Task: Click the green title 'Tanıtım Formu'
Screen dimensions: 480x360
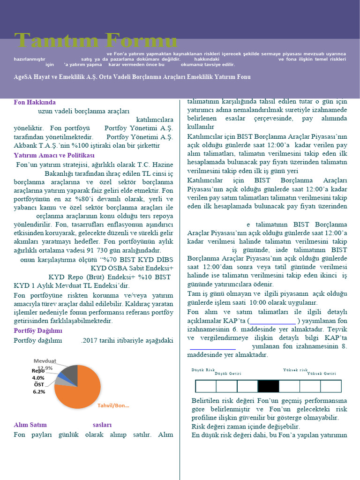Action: pyautogui.click(x=96, y=41)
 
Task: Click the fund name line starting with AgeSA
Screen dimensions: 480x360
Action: pyautogui.click(x=132, y=77)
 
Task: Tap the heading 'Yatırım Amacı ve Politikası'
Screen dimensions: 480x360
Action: pyautogui.click(x=54, y=155)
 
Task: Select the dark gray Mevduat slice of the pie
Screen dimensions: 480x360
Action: pyautogui.click(x=71, y=372)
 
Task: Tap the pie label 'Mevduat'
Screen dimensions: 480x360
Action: pyautogui.click(x=45, y=361)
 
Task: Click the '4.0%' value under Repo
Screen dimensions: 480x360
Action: pyautogui.click(x=38, y=378)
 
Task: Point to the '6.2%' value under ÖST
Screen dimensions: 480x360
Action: pyautogui.click(x=39, y=391)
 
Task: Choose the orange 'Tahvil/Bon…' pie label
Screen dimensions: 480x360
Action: pyautogui.click(x=113, y=405)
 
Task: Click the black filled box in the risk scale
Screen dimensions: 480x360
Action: pyautogui.click(x=268, y=386)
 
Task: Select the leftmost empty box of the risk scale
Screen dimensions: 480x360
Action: pyautogui.click(x=205, y=386)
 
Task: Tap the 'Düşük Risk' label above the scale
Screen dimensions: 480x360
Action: pyautogui.click(x=203, y=370)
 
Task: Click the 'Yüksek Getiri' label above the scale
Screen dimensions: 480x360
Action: pyautogui.click(x=322, y=374)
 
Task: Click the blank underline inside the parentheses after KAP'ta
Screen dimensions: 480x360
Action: pyautogui.click(x=273, y=321)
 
